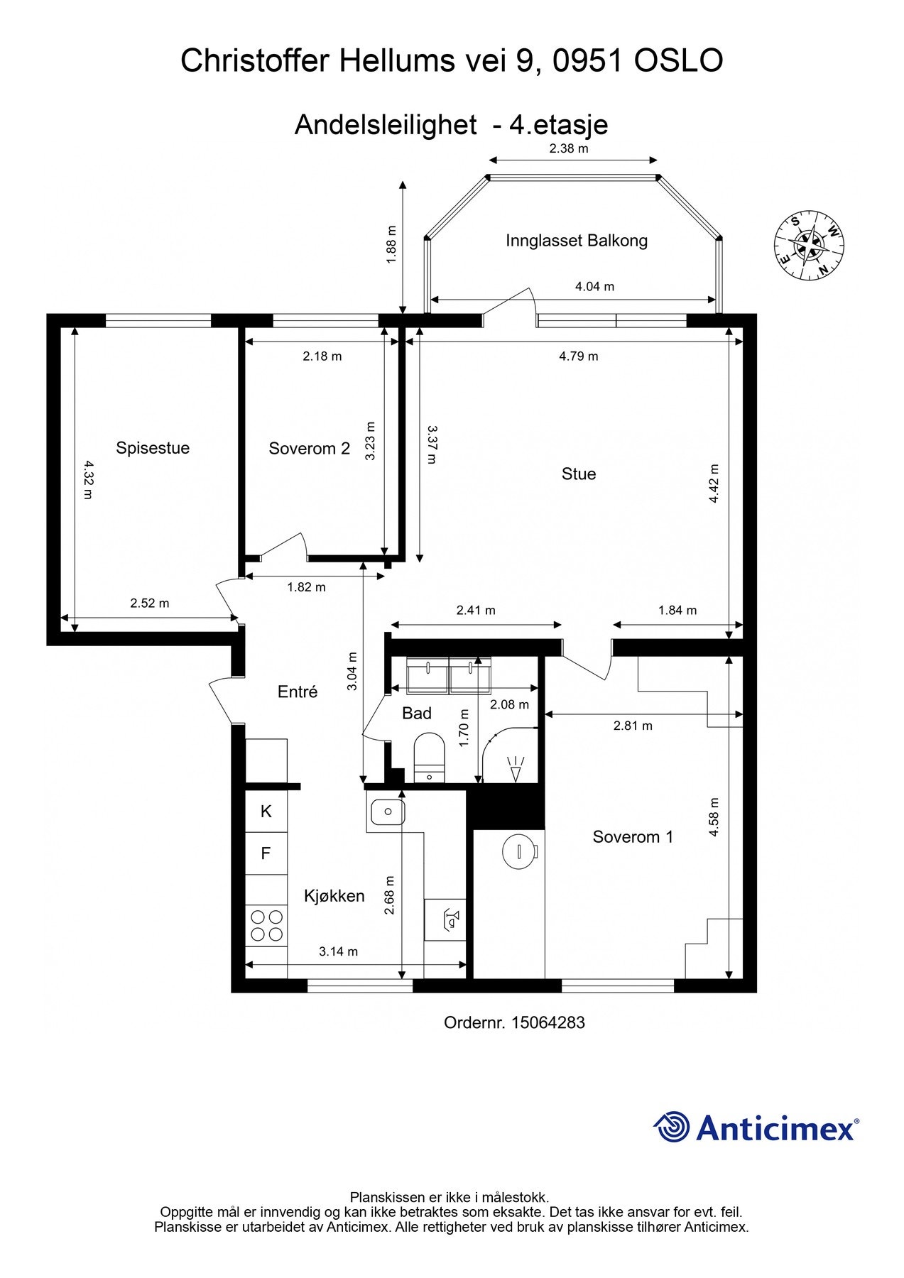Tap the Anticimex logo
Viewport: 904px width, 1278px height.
756,1127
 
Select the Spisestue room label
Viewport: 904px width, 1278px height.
153,448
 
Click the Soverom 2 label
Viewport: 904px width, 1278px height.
309,449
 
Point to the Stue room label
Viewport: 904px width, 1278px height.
578,474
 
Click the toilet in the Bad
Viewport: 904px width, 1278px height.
428,756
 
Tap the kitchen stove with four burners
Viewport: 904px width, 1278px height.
266,925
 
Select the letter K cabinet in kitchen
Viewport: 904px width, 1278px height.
266,812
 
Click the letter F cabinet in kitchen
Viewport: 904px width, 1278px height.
266,853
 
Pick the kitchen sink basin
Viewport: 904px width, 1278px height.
387,811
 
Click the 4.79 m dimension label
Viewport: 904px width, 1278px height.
578,356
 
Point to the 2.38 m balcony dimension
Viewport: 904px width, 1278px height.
569,149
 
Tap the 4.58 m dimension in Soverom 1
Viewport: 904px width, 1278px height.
714,817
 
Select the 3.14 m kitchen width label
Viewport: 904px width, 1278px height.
338,951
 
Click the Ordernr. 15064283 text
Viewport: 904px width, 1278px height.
514,1022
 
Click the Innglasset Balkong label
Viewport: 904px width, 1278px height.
576,241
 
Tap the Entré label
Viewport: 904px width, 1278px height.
297,692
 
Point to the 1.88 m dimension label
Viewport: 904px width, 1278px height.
391,245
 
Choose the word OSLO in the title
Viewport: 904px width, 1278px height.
677,61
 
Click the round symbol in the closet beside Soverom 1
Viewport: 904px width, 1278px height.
519,851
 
